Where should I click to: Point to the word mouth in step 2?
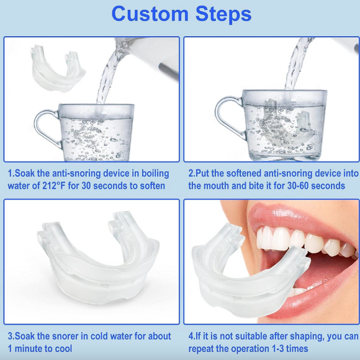[x=217, y=186]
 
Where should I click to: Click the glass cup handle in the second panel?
[x=226, y=117]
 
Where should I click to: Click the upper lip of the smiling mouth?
[x=292, y=217]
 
